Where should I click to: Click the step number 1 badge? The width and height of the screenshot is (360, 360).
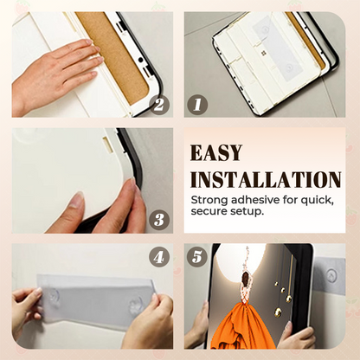pos(197,105)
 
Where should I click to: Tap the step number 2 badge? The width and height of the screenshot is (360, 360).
pos(157,105)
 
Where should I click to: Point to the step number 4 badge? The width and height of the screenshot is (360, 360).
pos(157,256)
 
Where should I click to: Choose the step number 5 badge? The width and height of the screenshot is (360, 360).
pos(198,257)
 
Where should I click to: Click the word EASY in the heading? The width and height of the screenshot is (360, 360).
pos(218,153)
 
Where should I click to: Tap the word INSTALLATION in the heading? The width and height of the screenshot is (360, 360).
pos(265,180)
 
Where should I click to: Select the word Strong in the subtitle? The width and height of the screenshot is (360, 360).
pos(210,200)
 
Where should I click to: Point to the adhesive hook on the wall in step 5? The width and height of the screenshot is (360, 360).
pos(330,276)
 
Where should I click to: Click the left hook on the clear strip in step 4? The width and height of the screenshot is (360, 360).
pos(55,297)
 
